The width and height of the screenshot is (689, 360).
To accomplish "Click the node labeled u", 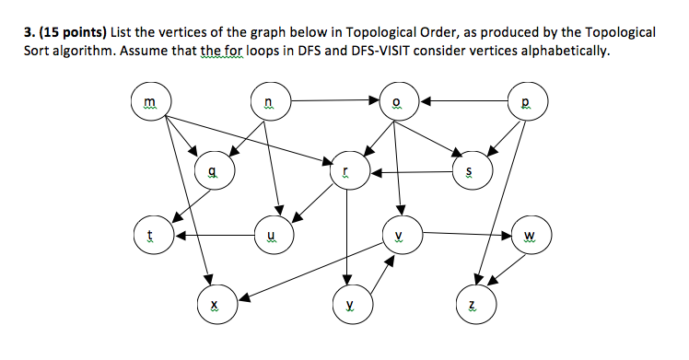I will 269,235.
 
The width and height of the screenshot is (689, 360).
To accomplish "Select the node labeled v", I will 398,235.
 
